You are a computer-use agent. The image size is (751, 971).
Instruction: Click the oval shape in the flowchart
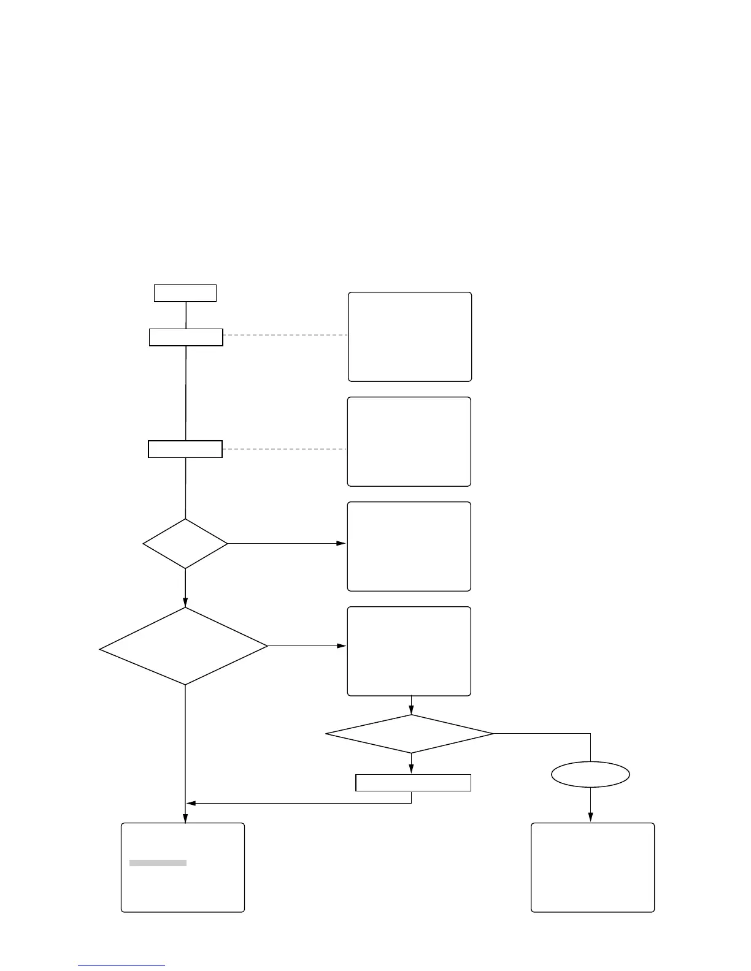pos(590,774)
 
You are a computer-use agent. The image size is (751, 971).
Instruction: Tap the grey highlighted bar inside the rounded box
pos(158,863)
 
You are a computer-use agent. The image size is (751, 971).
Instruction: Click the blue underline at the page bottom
pos(121,965)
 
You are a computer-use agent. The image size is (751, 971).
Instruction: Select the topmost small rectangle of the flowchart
pos(185,293)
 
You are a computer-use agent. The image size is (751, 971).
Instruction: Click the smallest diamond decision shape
pos(185,544)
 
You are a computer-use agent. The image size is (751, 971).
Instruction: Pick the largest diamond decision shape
pos(184,646)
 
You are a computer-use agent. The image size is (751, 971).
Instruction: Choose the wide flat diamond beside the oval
pos(410,733)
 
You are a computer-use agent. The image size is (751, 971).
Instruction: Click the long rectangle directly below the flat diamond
pos(413,783)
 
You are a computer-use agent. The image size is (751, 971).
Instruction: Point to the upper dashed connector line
pos(285,335)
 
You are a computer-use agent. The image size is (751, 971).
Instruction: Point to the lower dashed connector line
pos(285,449)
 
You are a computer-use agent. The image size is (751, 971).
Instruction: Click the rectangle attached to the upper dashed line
pos(186,337)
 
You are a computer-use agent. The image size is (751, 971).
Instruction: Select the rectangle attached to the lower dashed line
pos(185,449)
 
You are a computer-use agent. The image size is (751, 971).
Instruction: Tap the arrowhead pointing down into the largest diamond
pos(185,603)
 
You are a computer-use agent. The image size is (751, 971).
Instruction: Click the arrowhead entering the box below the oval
pos(591,817)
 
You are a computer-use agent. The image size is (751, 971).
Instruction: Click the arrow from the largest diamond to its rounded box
pos(307,646)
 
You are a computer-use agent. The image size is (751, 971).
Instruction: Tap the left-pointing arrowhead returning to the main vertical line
pos(191,803)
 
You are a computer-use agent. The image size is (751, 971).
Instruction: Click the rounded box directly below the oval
pos(592,867)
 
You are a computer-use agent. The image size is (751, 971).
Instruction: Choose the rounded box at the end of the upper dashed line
pos(410,337)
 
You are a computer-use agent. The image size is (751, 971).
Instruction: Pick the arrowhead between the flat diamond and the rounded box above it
pos(411,710)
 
